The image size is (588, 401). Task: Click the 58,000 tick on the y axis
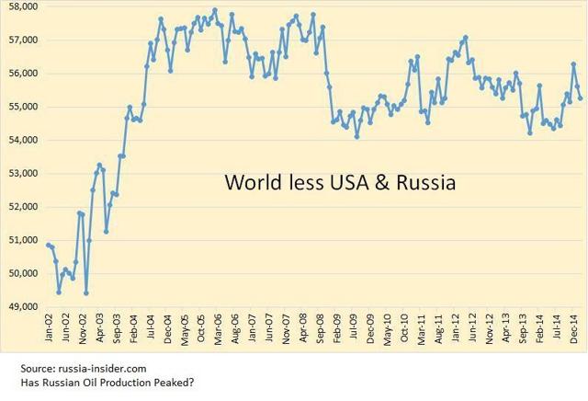[21, 6]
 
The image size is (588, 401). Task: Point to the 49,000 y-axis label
[21, 306]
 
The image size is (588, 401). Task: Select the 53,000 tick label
[21, 173]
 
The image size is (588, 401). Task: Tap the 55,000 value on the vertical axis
[21, 107]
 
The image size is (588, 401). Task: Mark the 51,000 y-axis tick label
[21, 240]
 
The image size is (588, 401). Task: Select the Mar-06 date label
[217, 329]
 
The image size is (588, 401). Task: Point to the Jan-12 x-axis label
[455, 329]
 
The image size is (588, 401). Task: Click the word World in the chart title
[250, 184]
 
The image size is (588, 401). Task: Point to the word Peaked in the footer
[161, 383]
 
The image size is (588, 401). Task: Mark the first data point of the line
[47, 244]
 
